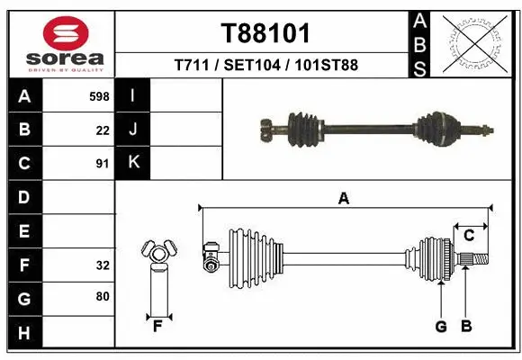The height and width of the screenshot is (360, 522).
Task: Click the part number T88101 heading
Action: (265, 33)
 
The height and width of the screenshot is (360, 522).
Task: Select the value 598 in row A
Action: (99, 95)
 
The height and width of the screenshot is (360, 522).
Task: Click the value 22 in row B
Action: (103, 130)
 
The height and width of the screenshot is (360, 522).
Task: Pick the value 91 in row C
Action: (103, 164)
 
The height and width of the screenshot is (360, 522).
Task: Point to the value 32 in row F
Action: (103, 265)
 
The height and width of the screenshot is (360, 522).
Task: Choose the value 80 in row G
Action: (103, 296)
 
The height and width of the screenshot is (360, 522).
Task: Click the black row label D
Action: (24, 197)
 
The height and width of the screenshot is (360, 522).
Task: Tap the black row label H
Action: (24, 334)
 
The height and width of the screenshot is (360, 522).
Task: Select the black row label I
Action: (133, 95)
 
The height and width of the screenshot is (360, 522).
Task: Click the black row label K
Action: (133, 163)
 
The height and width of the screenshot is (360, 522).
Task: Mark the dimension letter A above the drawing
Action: (343, 199)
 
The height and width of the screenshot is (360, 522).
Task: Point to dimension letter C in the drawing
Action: (469, 236)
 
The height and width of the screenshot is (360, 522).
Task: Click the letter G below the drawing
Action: (441, 327)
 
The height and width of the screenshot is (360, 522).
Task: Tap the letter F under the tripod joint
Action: (157, 326)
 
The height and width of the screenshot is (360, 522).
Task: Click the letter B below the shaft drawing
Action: (466, 327)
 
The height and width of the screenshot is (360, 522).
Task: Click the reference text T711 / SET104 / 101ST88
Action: (265, 66)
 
